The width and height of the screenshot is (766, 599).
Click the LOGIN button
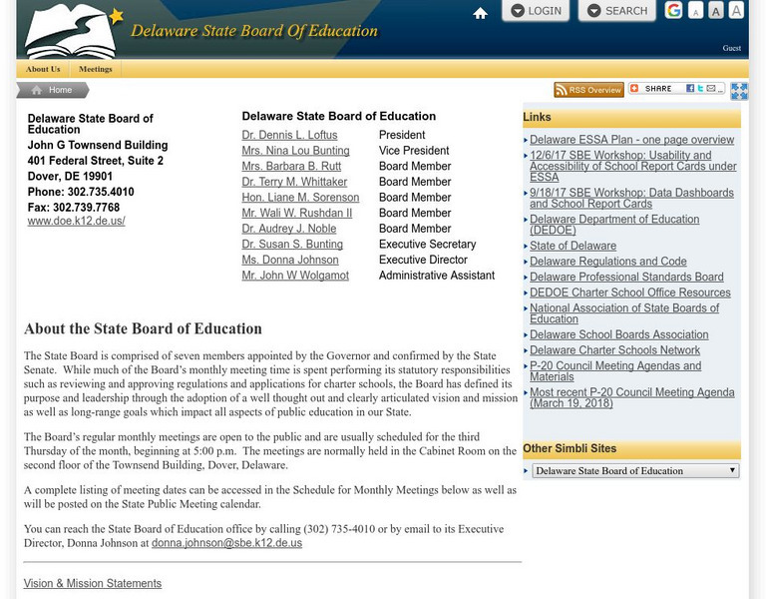click(x=535, y=11)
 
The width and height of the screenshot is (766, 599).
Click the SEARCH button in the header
click(x=616, y=11)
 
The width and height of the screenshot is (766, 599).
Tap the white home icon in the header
click(x=480, y=13)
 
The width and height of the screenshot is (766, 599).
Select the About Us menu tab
click(x=43, y=69)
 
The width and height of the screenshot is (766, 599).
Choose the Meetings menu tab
click(x=96, y=69)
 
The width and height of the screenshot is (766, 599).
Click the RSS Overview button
click(x=588, y=90)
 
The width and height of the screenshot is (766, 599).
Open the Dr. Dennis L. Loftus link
click(x=289, y=135)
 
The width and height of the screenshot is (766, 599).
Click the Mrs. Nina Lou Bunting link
click(x=295, y=151)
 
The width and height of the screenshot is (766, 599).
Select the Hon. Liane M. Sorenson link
click(x=300, y=198)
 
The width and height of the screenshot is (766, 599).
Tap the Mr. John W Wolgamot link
click(x=295, y=276)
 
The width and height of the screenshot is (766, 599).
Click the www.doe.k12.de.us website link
click(x=76, y=221)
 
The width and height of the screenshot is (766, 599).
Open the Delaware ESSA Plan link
click(x=631, y=140)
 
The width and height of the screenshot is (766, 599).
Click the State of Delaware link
click(x=573, y=246)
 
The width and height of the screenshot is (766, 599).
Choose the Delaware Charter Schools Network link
click(x=614, y=350)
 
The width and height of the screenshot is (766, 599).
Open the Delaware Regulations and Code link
click(x=607, y=262)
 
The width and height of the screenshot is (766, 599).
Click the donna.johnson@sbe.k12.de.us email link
click(x=226, y=543)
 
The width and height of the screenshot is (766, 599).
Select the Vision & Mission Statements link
click(x=92, y=583)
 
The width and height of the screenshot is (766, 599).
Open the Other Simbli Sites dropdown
click(x=634, y=470)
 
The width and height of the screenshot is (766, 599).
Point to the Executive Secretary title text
click(x=427, y=245)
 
